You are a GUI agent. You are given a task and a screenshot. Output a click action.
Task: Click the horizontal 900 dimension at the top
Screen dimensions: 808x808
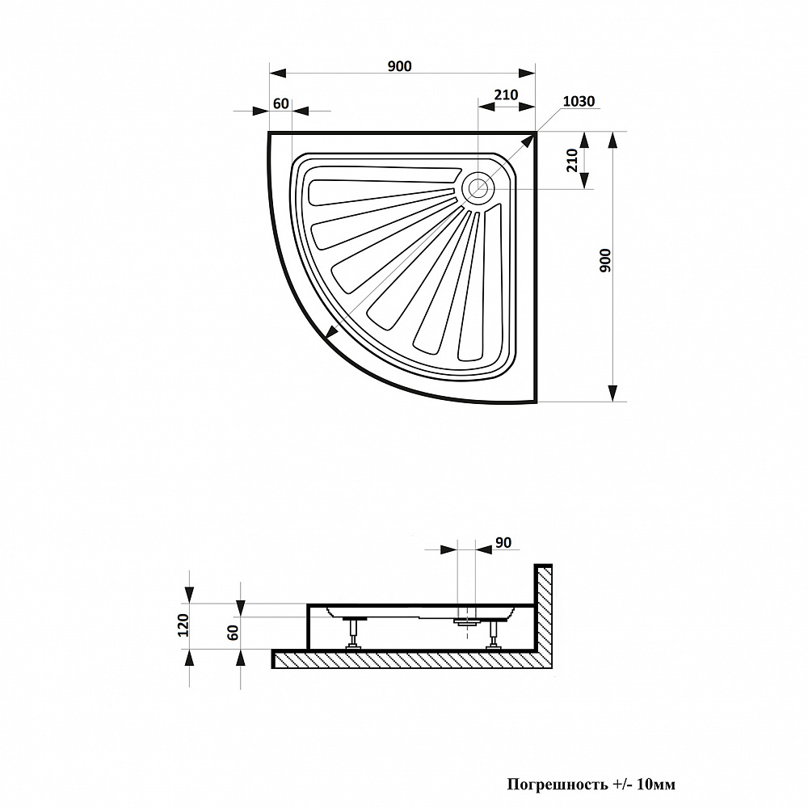(399, 66)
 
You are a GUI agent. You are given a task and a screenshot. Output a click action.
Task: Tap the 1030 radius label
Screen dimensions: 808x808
(578, 102)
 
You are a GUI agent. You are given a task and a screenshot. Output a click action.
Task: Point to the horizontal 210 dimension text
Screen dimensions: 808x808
(506, 95)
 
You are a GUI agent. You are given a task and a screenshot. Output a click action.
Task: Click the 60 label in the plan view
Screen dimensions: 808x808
(281, 103)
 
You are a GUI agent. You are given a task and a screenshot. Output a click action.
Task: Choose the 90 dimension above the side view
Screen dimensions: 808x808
(503, 542)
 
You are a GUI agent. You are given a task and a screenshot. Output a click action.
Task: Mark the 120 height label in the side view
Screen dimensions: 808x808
(183, 625)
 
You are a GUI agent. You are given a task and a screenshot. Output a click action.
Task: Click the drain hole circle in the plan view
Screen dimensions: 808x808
(478, 189)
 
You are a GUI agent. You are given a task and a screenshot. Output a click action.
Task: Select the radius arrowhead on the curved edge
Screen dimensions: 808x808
(331, 332)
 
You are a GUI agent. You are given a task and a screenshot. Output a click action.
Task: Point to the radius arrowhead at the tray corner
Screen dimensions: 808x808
(528, 141)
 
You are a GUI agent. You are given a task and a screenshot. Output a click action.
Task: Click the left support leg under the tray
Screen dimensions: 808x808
(353, 633)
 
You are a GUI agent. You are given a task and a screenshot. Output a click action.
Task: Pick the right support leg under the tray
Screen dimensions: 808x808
(493, 634)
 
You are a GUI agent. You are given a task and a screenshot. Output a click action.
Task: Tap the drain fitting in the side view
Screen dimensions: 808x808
(464, 622)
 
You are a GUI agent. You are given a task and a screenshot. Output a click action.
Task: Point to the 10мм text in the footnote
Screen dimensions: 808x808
(656, 785)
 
